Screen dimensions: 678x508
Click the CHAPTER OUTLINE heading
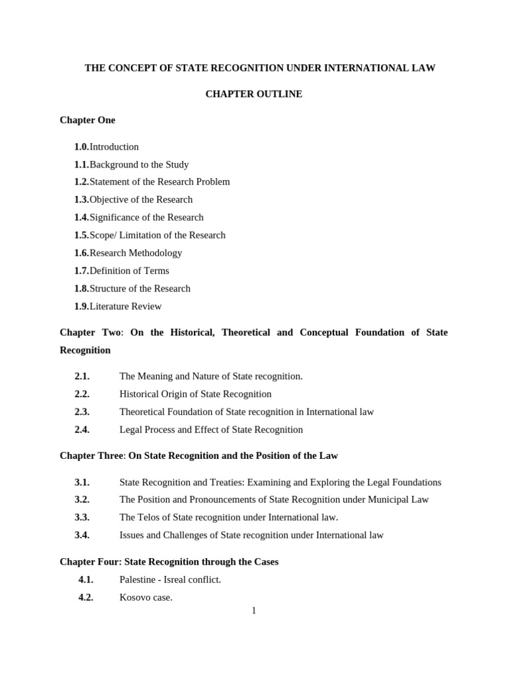click(x=253, y=94)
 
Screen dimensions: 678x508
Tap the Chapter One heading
click(x=87, y=120)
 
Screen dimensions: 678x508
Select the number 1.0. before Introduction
click(x=81, y=147)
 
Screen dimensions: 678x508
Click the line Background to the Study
click(x=139, y=165)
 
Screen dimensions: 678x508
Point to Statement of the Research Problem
click(x=159, y=182)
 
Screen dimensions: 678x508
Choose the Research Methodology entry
click(x=136, y=253)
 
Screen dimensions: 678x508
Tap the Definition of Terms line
click(x=129, y=271)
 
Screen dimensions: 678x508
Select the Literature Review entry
click(x=125, y=307)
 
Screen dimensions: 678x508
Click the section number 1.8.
click(x=81, y=289)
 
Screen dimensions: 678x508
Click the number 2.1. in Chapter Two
click(x=82, y=376)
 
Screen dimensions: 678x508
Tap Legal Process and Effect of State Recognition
click(x=211, y=430)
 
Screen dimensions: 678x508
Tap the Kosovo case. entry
click(x=146, y=597)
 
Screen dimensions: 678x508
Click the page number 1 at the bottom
click(x=254, y=610)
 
